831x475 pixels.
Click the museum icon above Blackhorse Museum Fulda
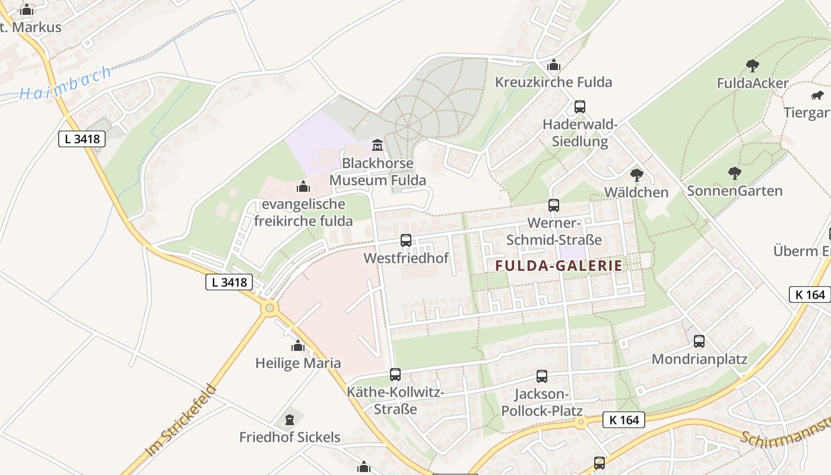click(x=377, y=145)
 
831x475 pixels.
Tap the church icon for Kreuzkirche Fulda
click(x=554, y=65)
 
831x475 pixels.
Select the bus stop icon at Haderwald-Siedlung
click(x=580, y=107)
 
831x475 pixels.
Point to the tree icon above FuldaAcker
click(x=753, y=65)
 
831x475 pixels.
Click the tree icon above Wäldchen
click(x=637, y=175)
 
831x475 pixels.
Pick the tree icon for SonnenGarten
click(x=735, y=173)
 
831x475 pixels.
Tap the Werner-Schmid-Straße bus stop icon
click(x=554, y=205)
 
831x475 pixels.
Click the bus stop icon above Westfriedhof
click(x=406, y=240)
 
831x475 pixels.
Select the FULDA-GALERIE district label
click(x=559, y=266)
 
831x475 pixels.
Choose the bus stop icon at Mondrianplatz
click(x=699, y=341)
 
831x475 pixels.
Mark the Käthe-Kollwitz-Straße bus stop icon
click(x=395, y=375)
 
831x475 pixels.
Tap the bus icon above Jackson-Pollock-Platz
click(x=542, y=376)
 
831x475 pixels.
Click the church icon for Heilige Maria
click(x=298, y=346)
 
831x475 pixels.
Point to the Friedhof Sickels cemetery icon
click(x=290, y=420)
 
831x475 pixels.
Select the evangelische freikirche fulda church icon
click(x=303, y=187)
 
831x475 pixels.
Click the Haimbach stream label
click(x=65, y=84)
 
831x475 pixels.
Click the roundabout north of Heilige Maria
click(x=270, y=308)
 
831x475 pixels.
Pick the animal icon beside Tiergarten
click(x=817, y=96)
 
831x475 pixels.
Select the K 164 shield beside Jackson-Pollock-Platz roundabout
click(x=624, y=420)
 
